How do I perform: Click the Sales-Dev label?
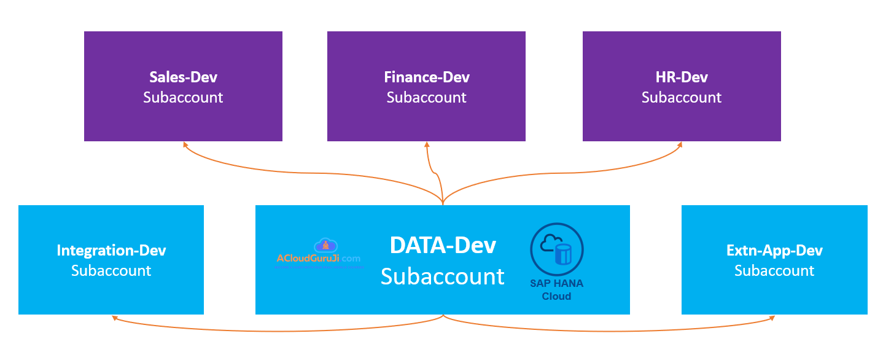click(183, 77)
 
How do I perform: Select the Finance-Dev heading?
click(427, 77)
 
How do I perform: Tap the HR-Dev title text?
click(682, 77)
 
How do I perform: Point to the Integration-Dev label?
click(111, 251)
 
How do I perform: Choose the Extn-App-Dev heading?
click(774, 251)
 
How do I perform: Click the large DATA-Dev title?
click(443, 246)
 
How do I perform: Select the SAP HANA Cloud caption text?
click(557, 290)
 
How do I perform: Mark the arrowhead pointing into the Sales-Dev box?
click(184, 144)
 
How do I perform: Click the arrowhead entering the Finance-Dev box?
click(427, 144)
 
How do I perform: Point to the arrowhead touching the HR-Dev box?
click(680, 144)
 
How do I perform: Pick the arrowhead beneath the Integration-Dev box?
click(114, 318)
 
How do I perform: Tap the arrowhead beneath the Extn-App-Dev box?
click(772, 318)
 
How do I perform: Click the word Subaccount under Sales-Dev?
click(183, 98)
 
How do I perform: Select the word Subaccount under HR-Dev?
click(682, 98)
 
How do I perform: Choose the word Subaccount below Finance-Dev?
click(427, 98)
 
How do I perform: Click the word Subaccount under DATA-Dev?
click(443, 276)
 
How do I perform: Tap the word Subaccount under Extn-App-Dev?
click(774, 271)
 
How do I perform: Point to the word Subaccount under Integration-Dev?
click(111, 271)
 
